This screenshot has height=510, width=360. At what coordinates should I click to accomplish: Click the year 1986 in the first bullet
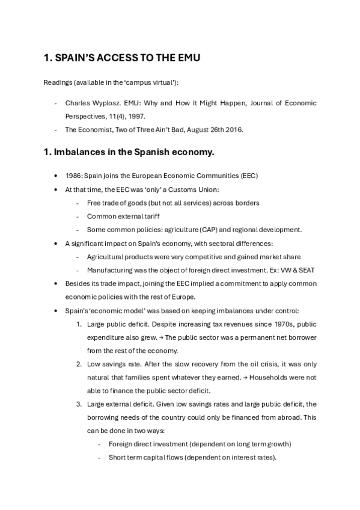[x=74, y=175]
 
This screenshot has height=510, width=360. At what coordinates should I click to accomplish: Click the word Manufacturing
[x=109, y=270]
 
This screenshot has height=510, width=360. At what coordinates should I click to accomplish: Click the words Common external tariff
[x=118, y=216]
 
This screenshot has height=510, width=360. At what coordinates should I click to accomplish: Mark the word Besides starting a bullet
[x=78, y=283]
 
